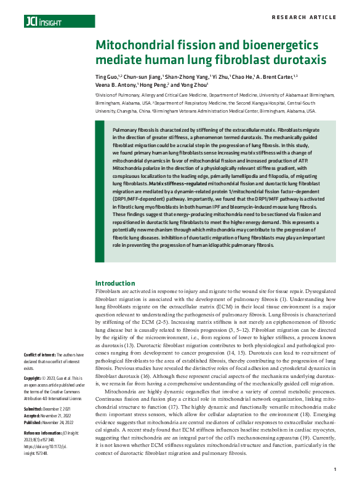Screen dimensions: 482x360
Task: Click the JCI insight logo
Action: click(x=43, y=22)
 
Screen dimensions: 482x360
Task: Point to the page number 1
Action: click(x=334, y=470)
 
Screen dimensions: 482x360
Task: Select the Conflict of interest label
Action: click(x=39, y=355)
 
